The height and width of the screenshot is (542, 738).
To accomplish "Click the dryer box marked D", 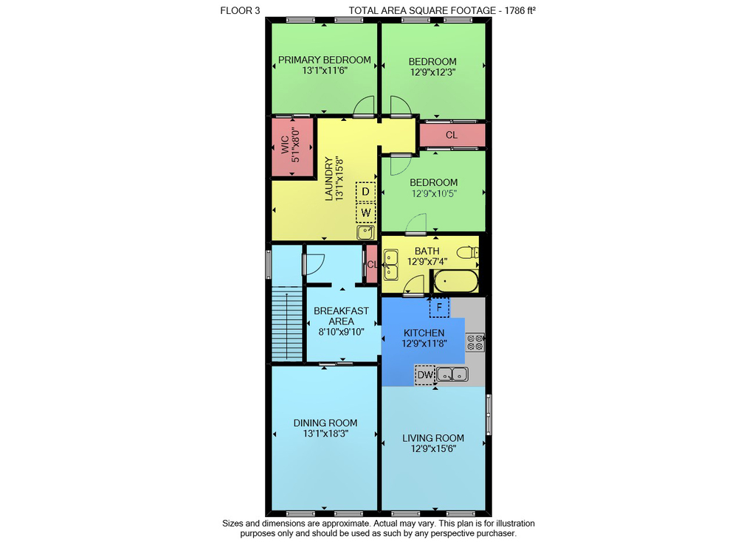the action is [365, 192].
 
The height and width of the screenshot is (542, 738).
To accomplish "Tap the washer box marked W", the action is [366, 212].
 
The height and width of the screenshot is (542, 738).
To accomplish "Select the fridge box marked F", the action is [439, 308].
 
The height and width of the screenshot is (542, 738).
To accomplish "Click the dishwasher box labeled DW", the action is [425, 375].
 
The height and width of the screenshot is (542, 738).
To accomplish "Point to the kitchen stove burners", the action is [475, 342].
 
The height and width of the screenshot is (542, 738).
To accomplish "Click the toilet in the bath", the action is [468, 252].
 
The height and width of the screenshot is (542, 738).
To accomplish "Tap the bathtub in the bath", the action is [455, 282].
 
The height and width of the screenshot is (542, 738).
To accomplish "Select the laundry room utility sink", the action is [366, 232].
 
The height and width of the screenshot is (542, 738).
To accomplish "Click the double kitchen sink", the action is [452, 375].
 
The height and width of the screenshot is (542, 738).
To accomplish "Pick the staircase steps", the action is [286, 324].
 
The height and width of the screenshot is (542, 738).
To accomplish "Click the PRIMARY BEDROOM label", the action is [324, 60].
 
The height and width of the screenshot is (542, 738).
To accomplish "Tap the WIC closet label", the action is [285, 145].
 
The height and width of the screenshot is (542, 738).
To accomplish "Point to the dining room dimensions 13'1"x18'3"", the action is [325, 434].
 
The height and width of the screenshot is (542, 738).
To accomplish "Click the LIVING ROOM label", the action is [433, 438].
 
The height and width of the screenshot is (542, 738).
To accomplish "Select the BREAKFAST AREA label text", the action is [341, 316].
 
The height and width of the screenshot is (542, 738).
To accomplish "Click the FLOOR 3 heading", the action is [240, 10].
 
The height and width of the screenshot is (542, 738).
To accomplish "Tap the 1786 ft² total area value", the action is [520, 10].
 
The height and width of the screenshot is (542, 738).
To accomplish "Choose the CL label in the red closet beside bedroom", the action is [452, 135].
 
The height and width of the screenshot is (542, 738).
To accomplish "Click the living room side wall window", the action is [489, 414].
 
